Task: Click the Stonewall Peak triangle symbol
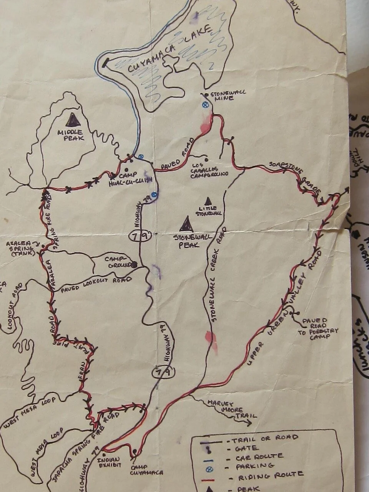click(x=186, y=224)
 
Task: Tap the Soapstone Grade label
click(x=294, y=177)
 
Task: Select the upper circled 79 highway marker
click(x=140, y=236)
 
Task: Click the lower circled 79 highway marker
click(x=163, y=372)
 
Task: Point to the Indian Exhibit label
click(x=109, y=462)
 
